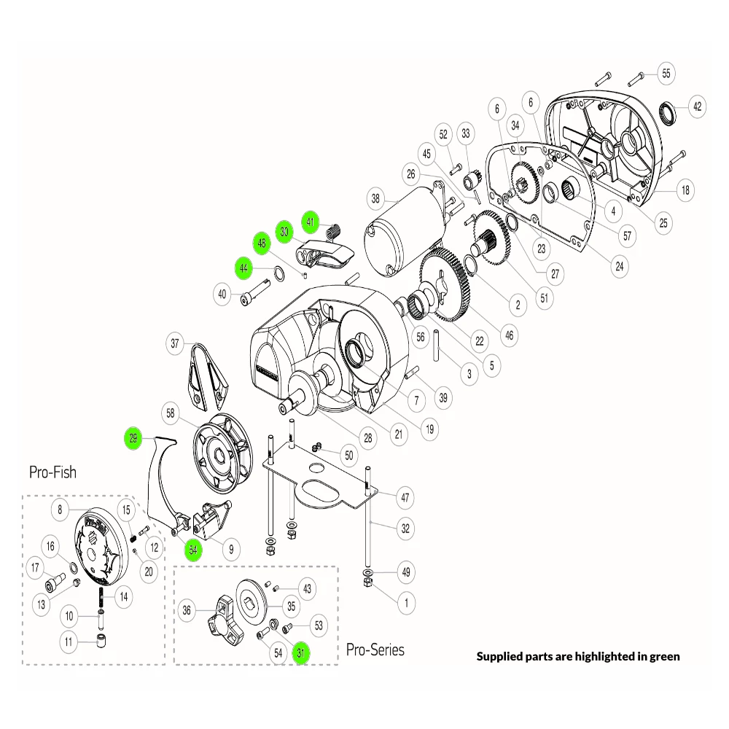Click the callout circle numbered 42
(698, 106)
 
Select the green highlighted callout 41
(311, 221)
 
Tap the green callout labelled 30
(284, 232)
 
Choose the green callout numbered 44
(243, 268)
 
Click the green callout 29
(133, 438)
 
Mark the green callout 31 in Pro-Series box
(300, 653)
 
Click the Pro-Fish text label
(52, 472)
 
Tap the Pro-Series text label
(375, 649)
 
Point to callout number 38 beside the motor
(375, 198)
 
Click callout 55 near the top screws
(666, 73)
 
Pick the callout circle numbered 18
(685, 191)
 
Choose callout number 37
(174, 343)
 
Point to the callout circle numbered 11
(69, 642)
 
